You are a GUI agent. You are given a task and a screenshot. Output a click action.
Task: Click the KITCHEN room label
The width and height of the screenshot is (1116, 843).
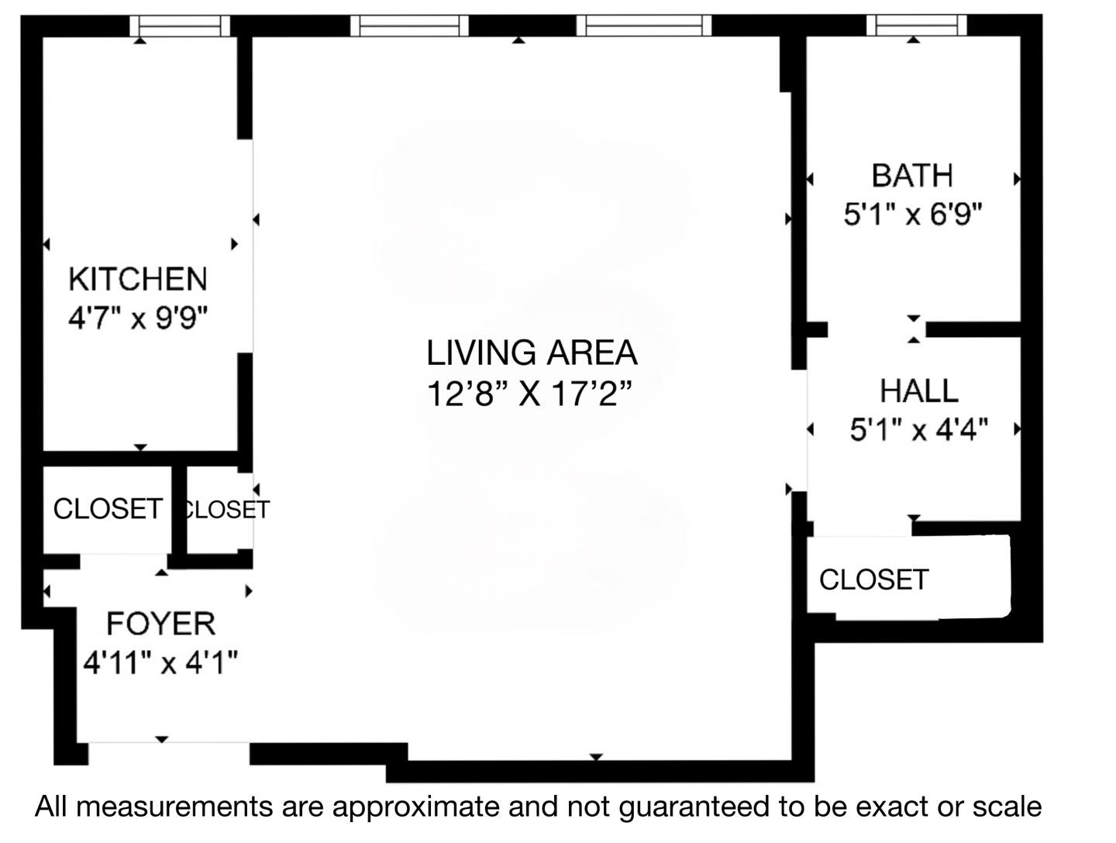(138, 279)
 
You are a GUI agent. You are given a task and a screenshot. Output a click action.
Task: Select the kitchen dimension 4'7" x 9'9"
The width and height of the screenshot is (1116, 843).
(138, 318)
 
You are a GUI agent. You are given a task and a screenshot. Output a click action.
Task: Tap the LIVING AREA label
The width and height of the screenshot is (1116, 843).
(532, 353)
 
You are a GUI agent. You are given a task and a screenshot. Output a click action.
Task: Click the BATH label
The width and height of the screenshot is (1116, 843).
(912, 176)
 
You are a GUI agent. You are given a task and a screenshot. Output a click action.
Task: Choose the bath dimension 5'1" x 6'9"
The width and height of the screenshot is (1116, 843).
(913, 214)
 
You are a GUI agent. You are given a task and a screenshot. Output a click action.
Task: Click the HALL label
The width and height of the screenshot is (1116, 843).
(918, 391)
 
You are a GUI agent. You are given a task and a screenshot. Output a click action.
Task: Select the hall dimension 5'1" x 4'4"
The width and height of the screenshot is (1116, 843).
(918, 428)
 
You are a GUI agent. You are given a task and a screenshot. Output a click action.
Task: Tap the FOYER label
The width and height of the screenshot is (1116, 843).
(160, 624)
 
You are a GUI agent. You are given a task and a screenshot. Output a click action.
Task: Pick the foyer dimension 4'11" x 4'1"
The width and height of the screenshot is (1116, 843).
(160, 662)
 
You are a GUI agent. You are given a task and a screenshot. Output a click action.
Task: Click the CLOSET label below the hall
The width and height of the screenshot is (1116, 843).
(873, 580)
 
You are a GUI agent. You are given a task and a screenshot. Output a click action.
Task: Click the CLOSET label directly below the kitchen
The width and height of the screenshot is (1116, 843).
(108, 509)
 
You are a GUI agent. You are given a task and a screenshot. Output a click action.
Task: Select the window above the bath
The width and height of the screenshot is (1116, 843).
(916, 26)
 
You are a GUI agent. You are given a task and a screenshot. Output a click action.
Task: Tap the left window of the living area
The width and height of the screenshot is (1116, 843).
(409, 26)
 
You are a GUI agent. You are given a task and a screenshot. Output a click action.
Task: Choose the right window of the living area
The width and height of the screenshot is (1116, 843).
(643, 26)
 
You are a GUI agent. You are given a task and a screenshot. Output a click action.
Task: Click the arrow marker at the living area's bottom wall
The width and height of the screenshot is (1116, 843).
(596, 756)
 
